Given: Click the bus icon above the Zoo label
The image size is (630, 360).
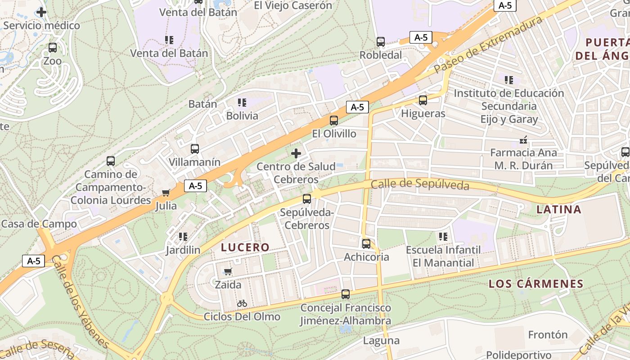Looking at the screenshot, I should coord(53,47).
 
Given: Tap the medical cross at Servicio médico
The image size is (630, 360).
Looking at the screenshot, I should coord(41,12).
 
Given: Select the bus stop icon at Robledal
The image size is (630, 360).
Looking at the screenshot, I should coord(381,42).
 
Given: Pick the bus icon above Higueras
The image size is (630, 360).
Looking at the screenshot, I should coord(423,100).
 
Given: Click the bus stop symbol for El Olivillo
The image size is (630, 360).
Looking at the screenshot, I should coord(334,121).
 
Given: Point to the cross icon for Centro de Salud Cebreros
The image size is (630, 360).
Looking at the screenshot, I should coord(296,153).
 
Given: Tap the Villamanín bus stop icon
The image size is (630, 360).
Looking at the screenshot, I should coord(195,149).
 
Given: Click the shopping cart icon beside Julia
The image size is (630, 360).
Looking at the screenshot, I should coord(166,193).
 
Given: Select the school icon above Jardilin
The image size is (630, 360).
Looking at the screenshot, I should coord(183,236).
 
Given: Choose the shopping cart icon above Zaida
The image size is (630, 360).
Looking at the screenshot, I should coord(228,271).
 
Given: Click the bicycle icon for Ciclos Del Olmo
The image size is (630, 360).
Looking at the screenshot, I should coord(242,303).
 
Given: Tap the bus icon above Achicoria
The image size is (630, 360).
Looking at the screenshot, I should coord(366,244).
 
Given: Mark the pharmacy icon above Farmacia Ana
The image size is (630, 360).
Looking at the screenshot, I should coord(523,140).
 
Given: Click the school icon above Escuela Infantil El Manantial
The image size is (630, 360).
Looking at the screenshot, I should coord(443,236).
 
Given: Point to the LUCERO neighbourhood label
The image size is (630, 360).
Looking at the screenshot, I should coord(245,247).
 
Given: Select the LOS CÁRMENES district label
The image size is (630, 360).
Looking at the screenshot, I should coord(536,284).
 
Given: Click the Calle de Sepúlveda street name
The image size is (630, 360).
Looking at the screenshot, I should coord(420,184).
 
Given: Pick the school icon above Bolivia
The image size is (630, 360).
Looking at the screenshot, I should coord(242,103).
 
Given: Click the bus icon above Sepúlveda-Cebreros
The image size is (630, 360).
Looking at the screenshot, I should coord(307,199).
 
